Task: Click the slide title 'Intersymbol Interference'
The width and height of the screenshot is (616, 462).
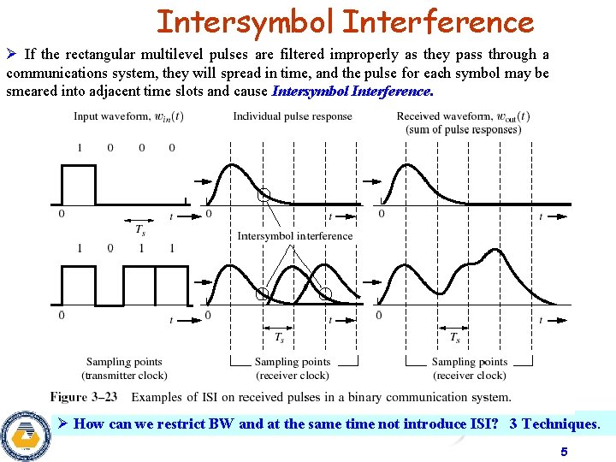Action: [x=345, y=21]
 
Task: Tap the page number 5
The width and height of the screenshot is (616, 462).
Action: [x=563, y=451]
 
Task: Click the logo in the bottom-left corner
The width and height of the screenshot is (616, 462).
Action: [x=26, y=435]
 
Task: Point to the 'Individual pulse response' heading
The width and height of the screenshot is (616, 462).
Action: [x=293, y=116]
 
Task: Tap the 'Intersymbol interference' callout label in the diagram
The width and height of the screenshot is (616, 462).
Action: [x=294, y=235]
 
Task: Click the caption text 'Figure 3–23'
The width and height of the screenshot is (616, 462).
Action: [x=84, y=397]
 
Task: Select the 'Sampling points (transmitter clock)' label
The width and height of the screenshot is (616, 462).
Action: [x=124, y=369]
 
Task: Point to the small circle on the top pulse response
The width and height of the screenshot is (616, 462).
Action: [x=264, y=195]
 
